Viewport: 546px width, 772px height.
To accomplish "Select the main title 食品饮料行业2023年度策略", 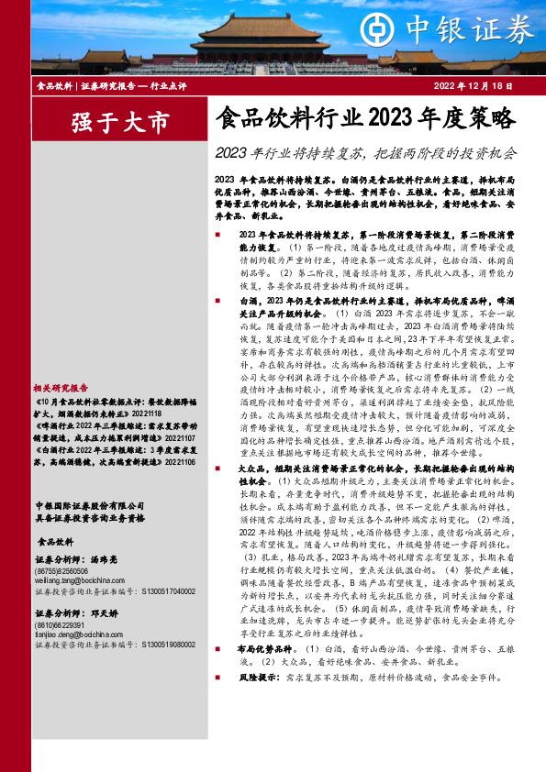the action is pos(365,118).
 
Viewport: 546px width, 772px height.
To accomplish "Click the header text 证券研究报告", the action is pos(103,85).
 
